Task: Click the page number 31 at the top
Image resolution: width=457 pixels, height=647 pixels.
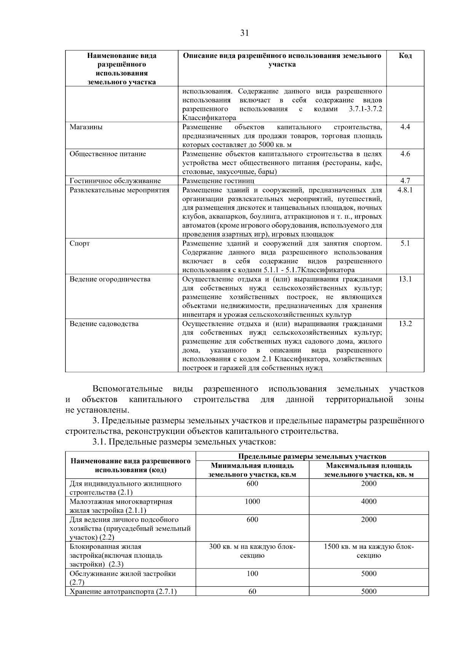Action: click(244, 33)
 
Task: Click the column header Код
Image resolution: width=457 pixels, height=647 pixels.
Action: click(405, 56)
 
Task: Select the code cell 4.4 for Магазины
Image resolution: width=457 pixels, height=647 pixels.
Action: click(405, 127)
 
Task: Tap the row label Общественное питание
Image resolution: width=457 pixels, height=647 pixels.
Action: click(108, 154)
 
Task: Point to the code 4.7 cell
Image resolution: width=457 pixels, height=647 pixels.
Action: click(405, 181)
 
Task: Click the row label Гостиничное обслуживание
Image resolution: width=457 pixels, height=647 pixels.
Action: click(115, 181)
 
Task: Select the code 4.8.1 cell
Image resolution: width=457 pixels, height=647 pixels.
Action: click(405, 190)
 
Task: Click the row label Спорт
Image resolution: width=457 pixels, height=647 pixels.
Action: click(80, 244)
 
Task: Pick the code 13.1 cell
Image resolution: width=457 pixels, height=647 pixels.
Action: click(405, 279)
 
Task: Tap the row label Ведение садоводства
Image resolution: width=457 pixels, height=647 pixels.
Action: click(104, 324)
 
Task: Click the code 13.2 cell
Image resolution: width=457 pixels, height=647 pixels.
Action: click(405, 324)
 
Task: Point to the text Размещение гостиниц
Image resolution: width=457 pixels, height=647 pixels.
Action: click(218, 181)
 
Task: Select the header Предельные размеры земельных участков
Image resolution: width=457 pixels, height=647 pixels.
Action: click(312, 456)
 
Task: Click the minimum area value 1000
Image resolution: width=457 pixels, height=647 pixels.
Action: click(252, 502)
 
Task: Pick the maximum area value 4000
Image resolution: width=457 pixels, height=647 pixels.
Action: click(368, 502)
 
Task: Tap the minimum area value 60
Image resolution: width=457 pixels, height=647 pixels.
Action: click(252, 592)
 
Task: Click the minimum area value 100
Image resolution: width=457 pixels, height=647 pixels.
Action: click(252, 574)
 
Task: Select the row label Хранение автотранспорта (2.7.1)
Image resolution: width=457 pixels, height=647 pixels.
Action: click(123, 592)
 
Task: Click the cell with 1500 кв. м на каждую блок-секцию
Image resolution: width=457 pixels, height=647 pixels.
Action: click(368, 551)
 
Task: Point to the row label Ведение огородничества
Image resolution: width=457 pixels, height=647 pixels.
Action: click(110, 279)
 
